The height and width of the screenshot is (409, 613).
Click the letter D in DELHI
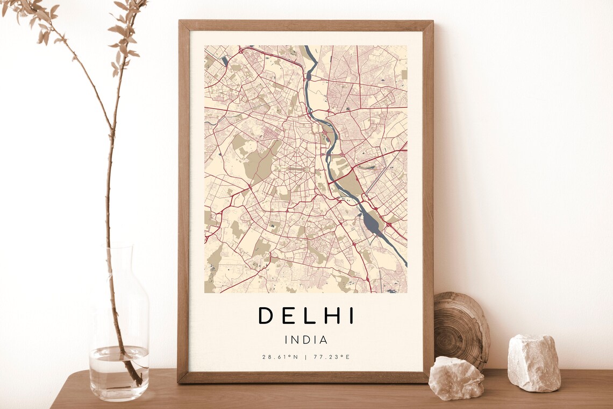(266, 315)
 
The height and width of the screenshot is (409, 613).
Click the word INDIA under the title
(305, 340)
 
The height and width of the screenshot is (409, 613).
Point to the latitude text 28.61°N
(280, 357)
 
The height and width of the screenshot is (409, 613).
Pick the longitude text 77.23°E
(331, 357)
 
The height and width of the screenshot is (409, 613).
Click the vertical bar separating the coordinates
(305, 357)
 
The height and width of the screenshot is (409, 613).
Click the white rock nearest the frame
(455, 378)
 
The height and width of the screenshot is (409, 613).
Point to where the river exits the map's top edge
(306, 47)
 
